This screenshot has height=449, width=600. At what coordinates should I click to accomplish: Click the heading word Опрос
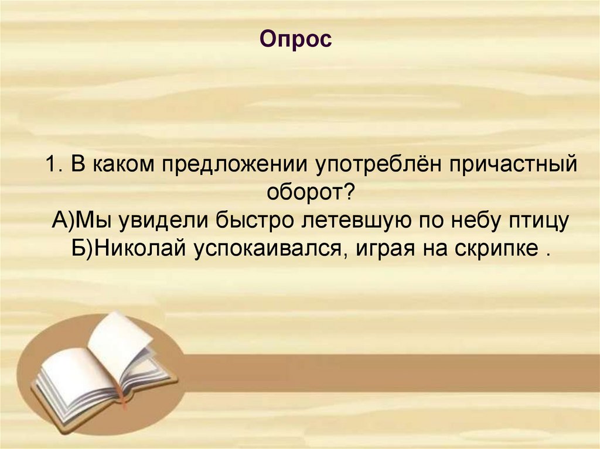tap(296, 40)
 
